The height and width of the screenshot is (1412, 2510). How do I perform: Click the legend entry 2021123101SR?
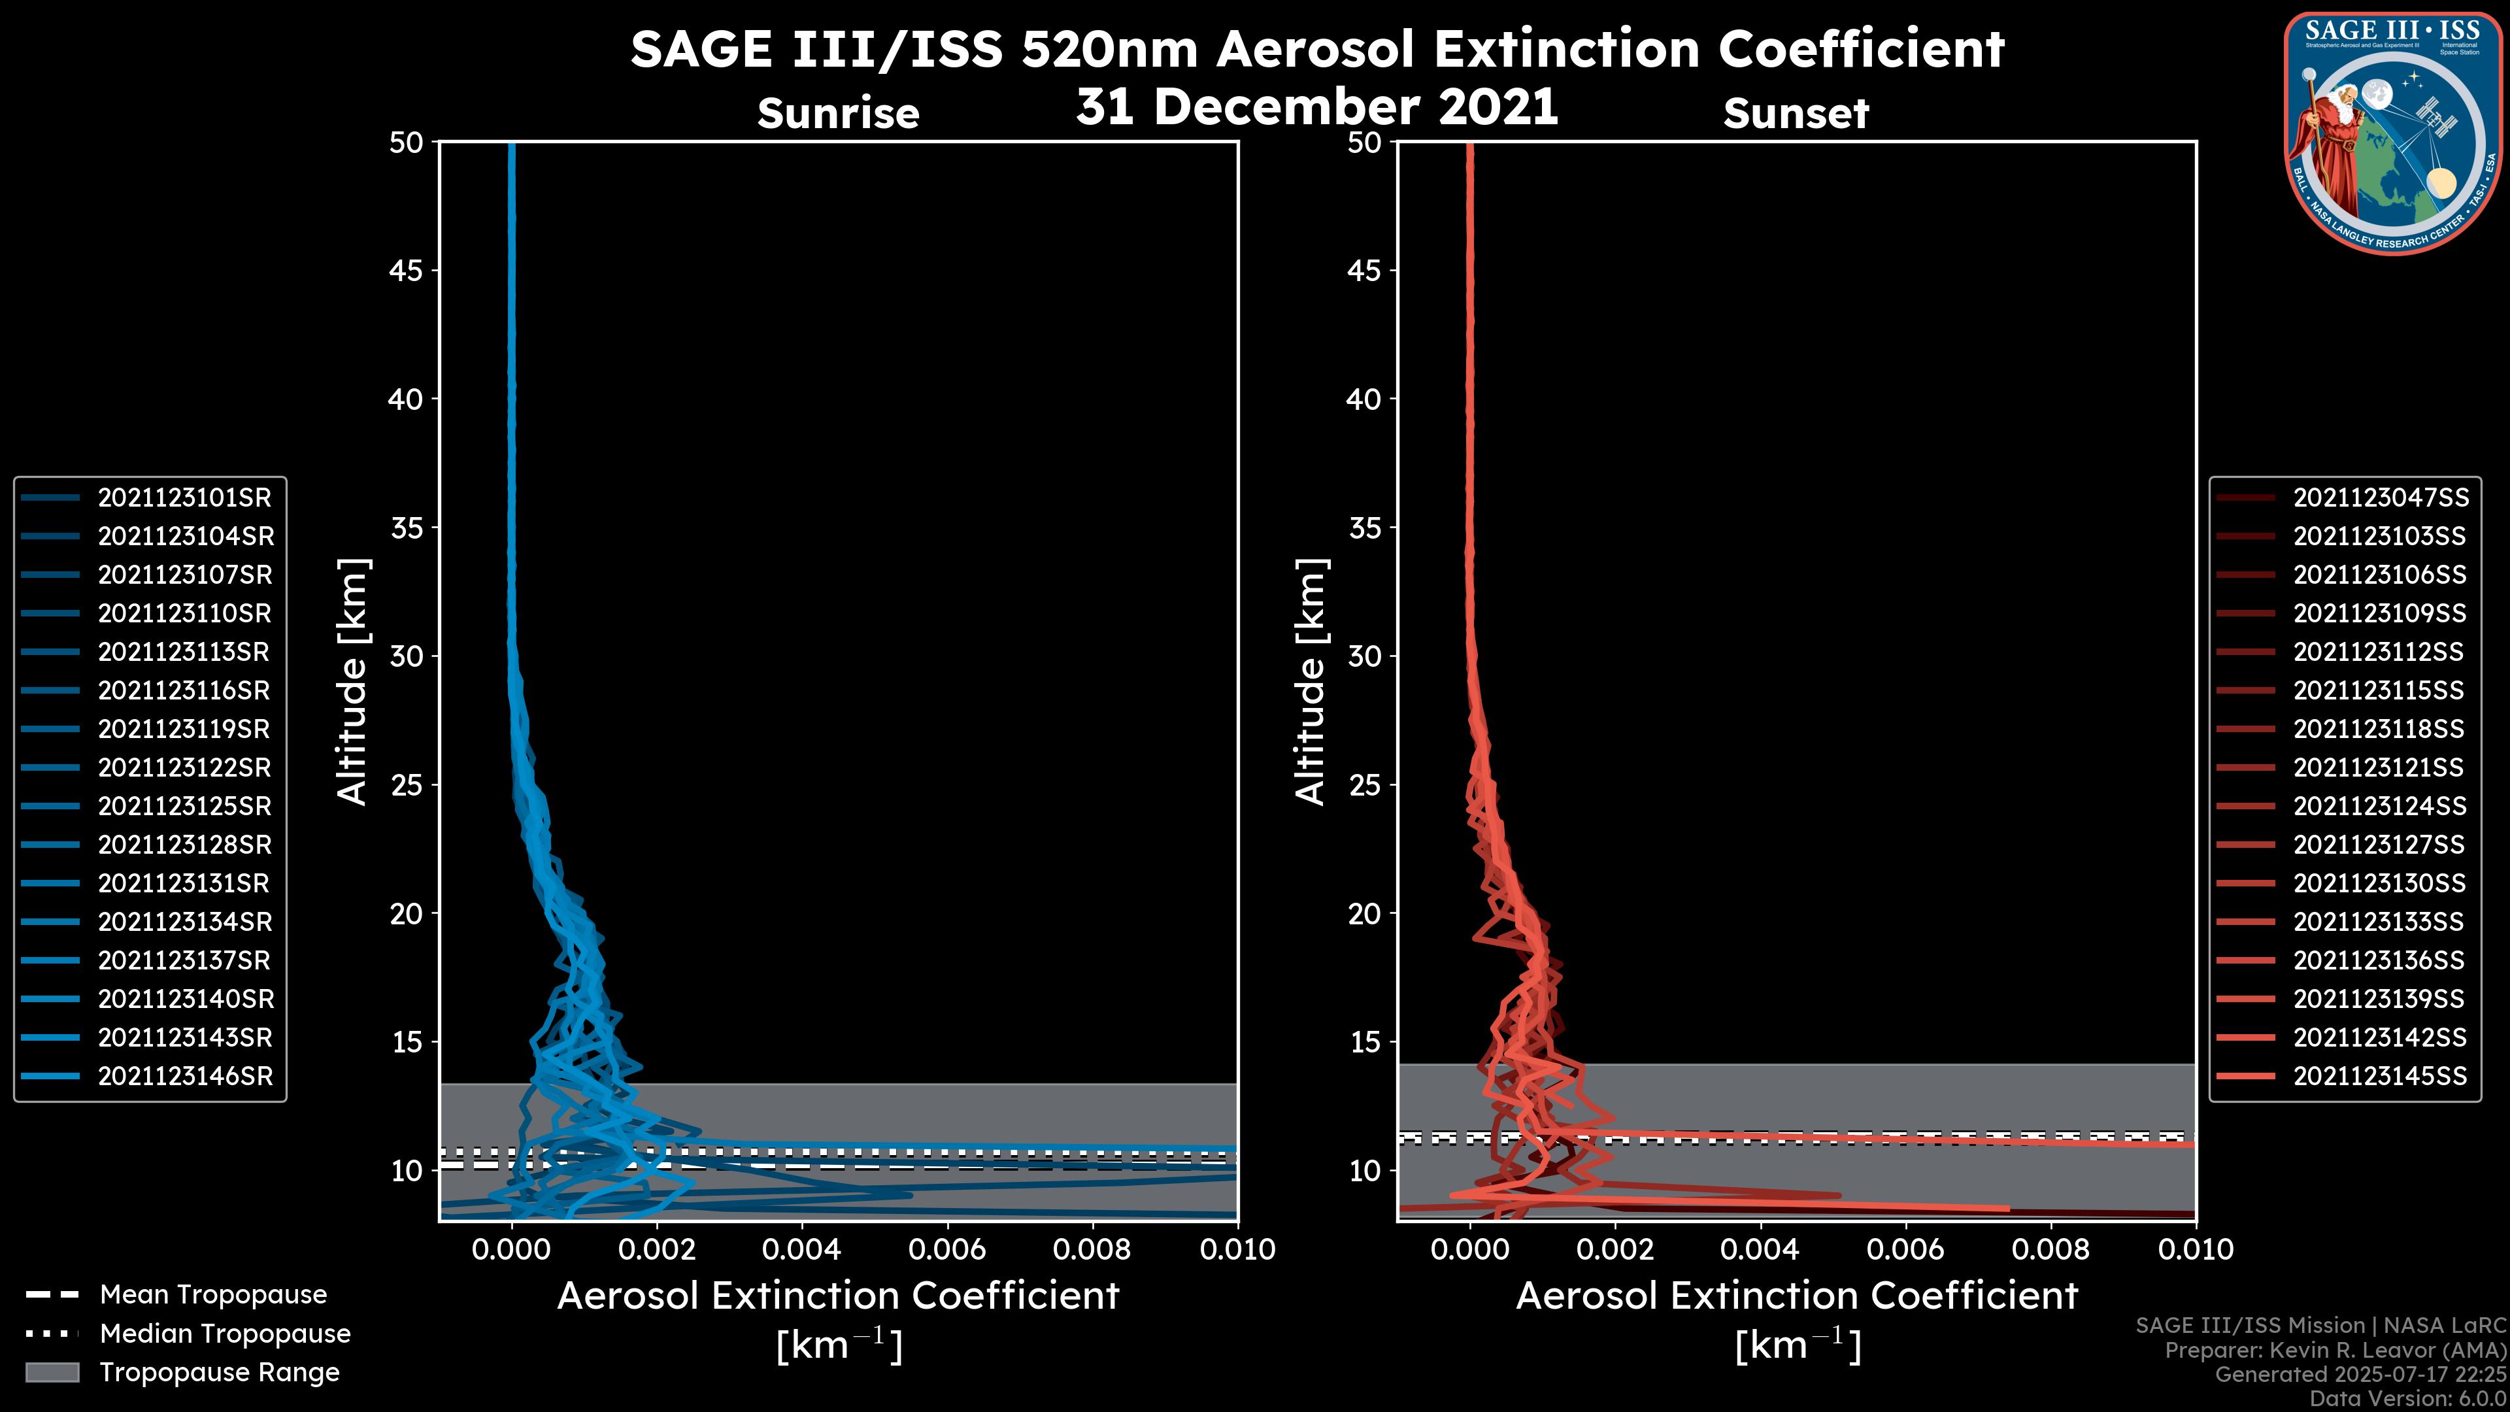[184, 498]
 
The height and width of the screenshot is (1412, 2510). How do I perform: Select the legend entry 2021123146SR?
[185, 1077]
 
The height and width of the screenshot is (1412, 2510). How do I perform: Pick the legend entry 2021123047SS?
[2381, 498]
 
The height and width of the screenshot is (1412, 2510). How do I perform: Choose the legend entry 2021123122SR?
[184, 768]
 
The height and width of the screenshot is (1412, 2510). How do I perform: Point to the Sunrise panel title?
[838, 114]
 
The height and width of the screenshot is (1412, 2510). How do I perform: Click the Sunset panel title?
[1796, 114]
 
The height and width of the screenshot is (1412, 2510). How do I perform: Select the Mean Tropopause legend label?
[213, 1295]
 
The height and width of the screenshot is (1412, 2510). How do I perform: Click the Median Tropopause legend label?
[225, 1334]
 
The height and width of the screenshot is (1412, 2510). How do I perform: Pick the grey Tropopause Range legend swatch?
[52, 1372]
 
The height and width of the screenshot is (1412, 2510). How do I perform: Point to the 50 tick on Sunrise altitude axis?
[407, 143]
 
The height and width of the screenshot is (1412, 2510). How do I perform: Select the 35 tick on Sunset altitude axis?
[1364, 528]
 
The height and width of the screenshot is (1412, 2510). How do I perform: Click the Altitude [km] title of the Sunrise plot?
[353, 681]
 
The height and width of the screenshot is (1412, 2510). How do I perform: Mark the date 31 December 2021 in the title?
[1316, 107]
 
